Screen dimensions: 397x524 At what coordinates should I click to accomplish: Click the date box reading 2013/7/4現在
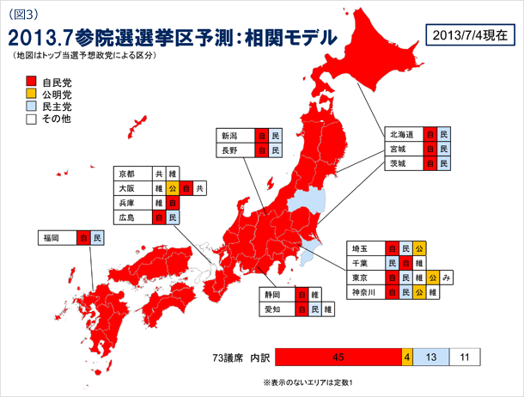tap(471, 35)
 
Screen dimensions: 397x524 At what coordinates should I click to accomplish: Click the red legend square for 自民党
tap(30, 82)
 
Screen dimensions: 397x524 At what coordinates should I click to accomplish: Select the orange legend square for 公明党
tap(30, 95)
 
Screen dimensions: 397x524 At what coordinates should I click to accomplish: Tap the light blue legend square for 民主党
tap(30, 107)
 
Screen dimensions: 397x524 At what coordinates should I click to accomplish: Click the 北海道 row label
tap(403, 135)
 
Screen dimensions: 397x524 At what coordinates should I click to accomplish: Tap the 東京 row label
tap(361, 278)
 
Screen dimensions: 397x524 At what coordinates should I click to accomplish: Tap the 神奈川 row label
tap(364, 292)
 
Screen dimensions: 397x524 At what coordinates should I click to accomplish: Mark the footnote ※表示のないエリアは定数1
tap(308, 382)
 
